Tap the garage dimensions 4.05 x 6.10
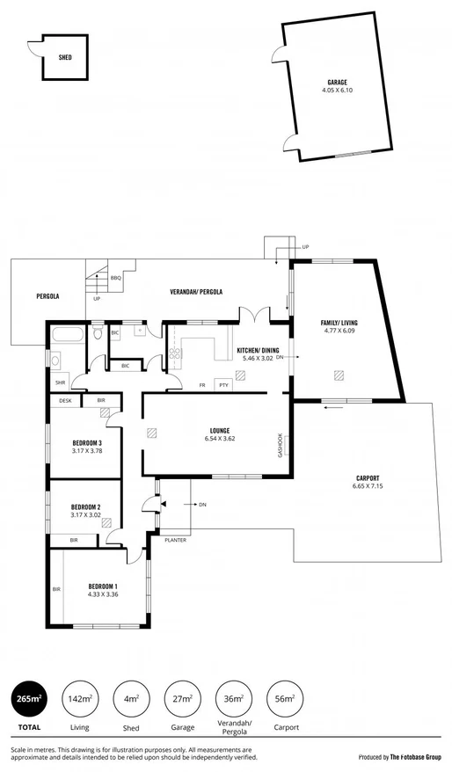[338, 90]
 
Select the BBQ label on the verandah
[115, 278]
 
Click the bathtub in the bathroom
[67, 334]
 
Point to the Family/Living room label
[339, 323]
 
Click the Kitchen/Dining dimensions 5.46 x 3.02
[258, 359]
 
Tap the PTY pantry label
[224, 384]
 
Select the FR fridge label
[202, 384]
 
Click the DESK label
[65, 400]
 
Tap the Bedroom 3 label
[87, 442]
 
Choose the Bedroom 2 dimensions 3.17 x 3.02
[87, 515]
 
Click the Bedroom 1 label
[103, 586]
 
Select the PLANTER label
[175, 540]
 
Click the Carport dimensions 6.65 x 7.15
[368, 486]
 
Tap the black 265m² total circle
[28, 698]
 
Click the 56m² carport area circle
[284, 698]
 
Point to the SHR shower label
[60, 382]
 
